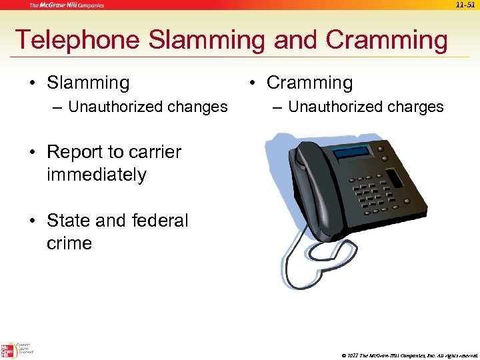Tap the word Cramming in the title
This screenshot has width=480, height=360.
pyautogui.click(x=387, y=41)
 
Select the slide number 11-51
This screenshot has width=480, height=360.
pyautogui.click(x=465, y=5)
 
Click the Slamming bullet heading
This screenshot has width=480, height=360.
pyautogui.click(x=88, y=83)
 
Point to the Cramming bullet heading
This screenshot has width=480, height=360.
pyautogui.click(x=309, y=83)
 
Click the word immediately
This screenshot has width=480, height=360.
pyautogui.click(x=97, y=175)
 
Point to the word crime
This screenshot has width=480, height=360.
pyautogui.click(x=69, y=243)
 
